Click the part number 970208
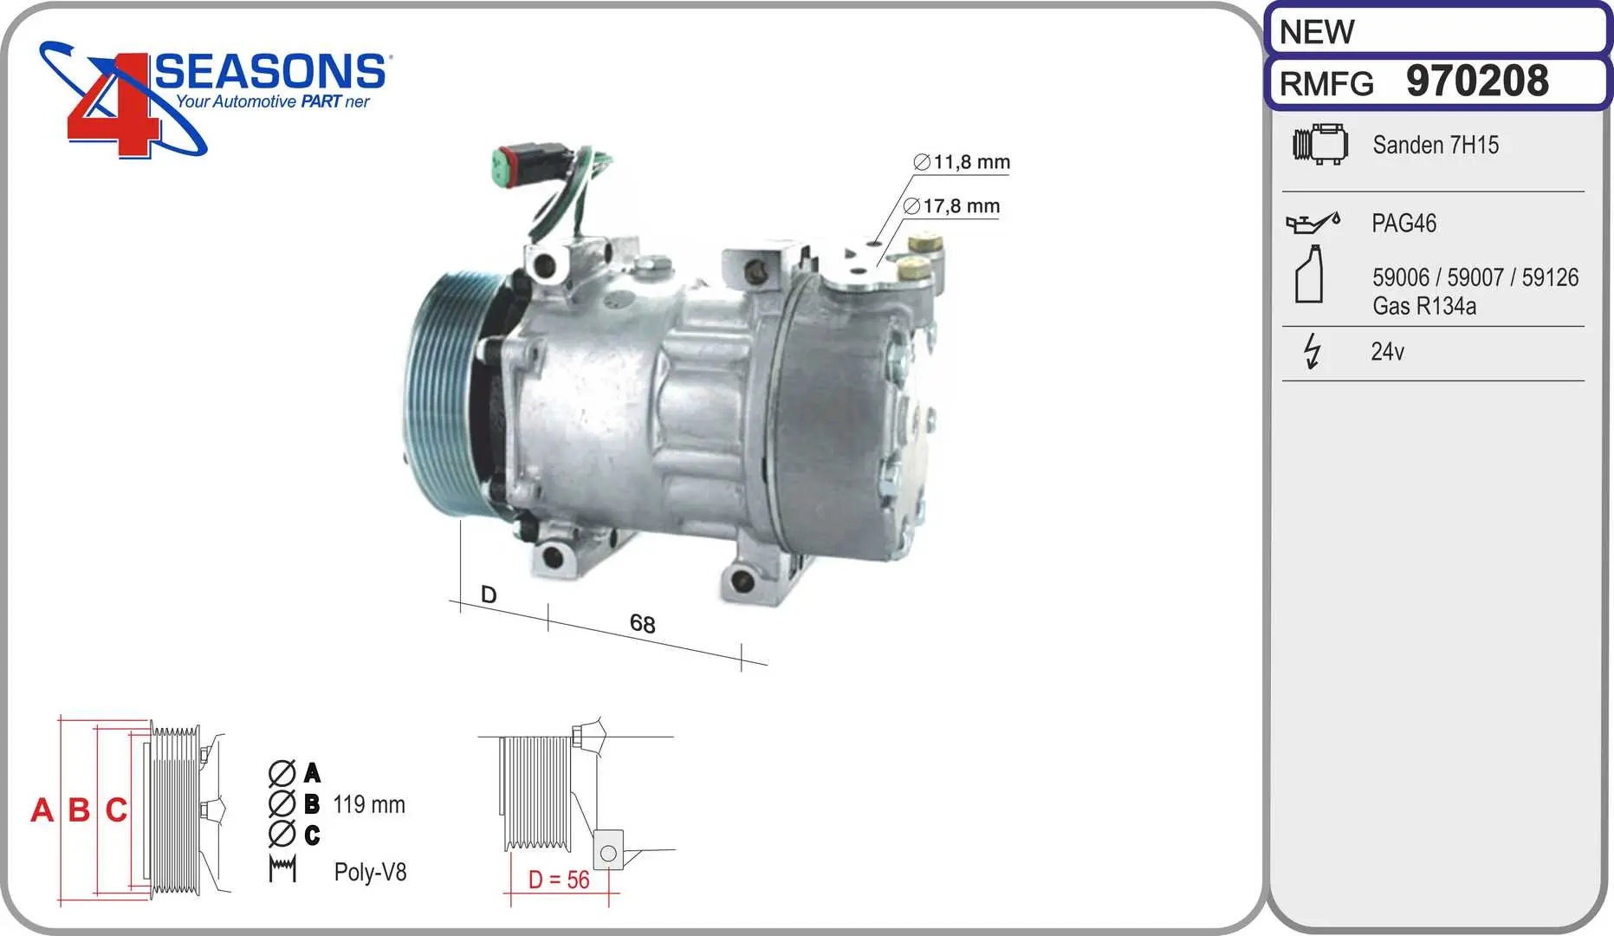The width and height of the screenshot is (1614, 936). coord(1477,81)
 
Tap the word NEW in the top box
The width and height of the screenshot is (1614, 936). coord(1316,32)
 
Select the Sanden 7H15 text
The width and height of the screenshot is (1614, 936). coord(1436,145)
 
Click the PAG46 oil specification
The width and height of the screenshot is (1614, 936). coord(1403,224)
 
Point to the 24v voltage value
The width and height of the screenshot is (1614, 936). coord(1387,351)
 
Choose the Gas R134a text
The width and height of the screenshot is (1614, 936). coord(1424,306)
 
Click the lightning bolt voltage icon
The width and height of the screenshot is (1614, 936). coord(1313,351)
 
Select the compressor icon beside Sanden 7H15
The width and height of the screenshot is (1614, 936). coord(1320,144)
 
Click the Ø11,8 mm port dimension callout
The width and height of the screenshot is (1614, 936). coord(962,162)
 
